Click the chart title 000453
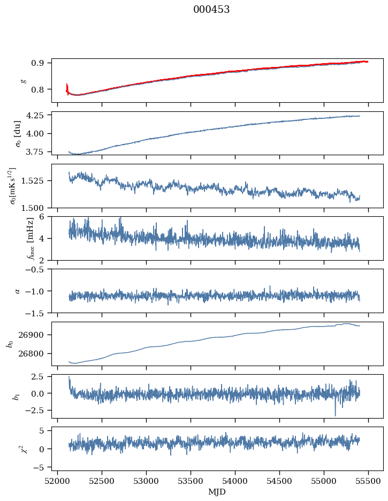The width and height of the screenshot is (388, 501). tap(211, 10)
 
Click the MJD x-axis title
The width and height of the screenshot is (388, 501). tap(217, 491)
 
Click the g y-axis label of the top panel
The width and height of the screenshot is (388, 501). tap(23, 80)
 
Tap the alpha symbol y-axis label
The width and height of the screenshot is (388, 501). tap(18, 291)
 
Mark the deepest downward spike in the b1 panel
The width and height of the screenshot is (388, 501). tap(336, 415)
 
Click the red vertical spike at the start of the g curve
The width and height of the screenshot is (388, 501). tap(67, 88)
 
